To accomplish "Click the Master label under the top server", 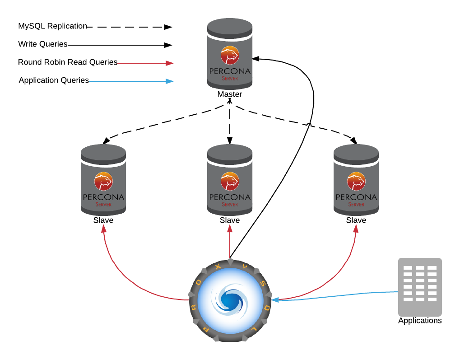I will coord(229,94).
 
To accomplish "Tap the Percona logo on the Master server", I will coord(229,55).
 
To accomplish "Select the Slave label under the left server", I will coord(103,220).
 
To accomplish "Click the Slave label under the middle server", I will coord(229,220).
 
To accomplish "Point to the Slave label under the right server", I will coord(356,220).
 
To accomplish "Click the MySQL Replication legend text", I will coord(52,26).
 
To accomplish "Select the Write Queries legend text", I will coord(43,44).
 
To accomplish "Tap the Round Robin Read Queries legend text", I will coord(68,62).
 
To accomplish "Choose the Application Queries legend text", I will coord(54,80).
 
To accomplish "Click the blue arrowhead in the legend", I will coord(169,81).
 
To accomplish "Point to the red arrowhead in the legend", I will coord(169,63).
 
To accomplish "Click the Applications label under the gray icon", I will coord(420,321).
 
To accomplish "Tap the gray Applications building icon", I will coord(420,287).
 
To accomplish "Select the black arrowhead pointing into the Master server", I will coord(256,58).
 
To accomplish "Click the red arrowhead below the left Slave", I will coord(104,229).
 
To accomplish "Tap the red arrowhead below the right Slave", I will coord(356,229).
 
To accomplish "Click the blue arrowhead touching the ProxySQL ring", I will coord(275,299).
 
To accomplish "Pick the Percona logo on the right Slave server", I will coord(356,182).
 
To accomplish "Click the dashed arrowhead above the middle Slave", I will coord(230,141).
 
